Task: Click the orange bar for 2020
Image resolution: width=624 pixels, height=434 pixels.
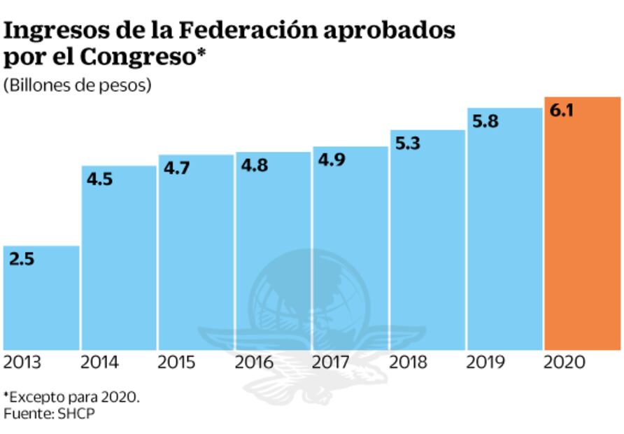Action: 582,224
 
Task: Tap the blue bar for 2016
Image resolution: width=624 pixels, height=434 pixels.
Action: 273,252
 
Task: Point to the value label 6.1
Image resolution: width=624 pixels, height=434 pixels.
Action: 562,111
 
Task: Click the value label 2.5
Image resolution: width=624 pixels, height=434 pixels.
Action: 22,259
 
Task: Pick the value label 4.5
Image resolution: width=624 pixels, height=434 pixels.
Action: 99,179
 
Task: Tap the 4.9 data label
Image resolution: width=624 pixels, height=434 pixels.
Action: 331,160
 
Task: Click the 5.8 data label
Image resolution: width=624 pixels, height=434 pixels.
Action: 485,121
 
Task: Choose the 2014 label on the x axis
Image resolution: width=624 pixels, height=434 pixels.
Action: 99,363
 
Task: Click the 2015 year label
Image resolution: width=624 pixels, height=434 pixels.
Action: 176,363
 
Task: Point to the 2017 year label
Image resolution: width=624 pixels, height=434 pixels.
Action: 331,363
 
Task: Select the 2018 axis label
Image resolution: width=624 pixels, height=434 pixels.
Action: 408,363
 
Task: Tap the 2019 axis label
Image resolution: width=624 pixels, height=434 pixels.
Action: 485,363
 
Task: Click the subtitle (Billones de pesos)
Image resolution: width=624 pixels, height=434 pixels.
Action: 78,86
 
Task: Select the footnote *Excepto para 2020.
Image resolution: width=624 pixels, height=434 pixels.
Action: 72,397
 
